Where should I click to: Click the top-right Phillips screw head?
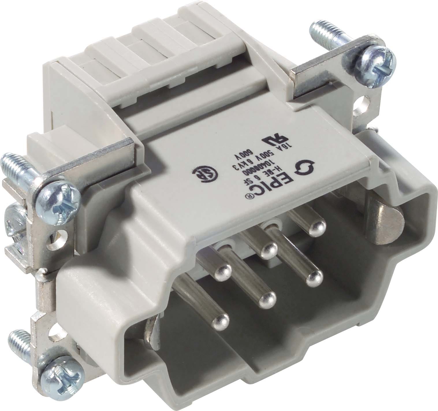coord(381,58)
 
